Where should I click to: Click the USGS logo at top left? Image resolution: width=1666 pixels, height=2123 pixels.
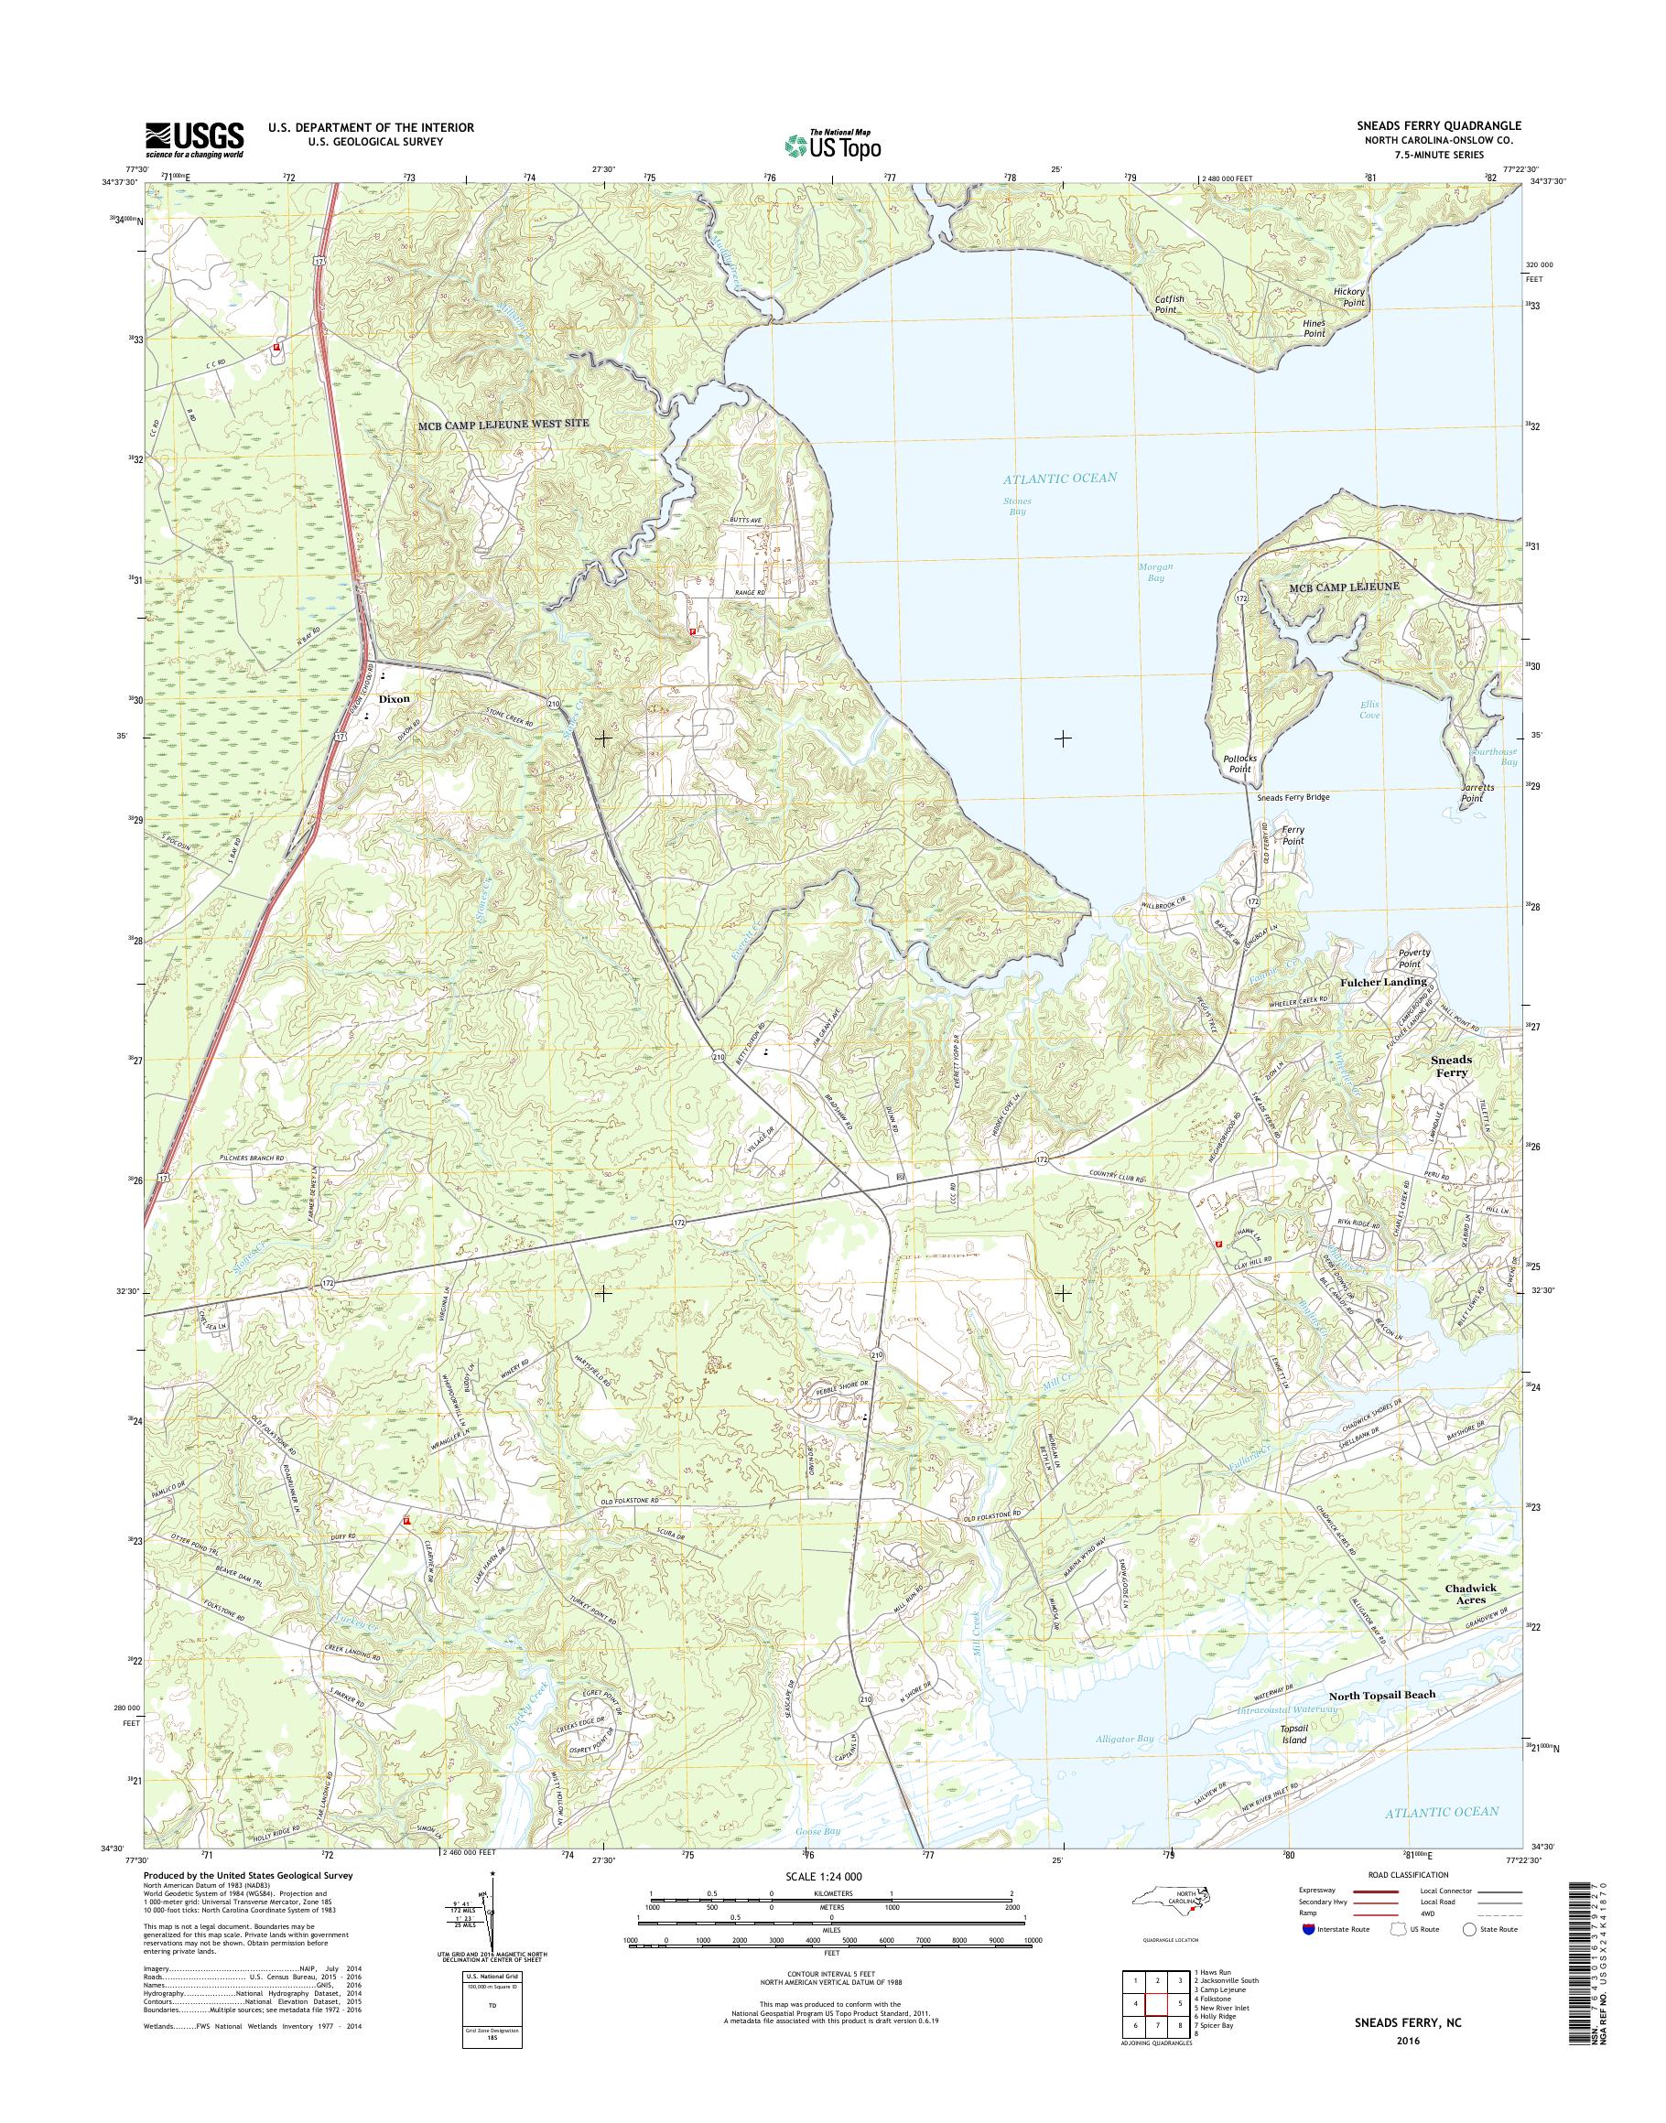[x=194, y=139]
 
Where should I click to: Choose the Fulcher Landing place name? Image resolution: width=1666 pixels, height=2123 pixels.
[x=1383, y=982]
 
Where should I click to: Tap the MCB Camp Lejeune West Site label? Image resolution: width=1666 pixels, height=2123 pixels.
[x=503, y=426]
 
